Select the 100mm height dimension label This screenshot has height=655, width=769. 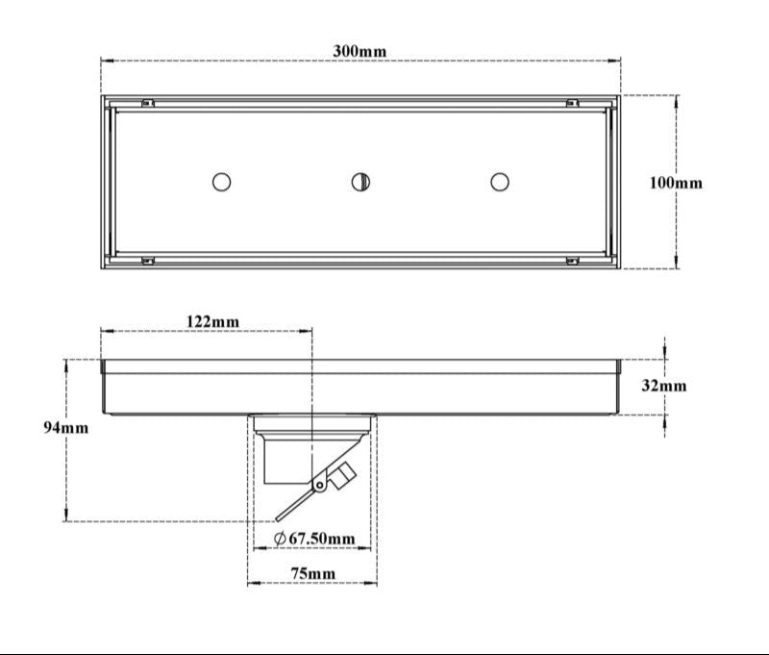(675, 182)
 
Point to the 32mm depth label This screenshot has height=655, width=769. (664, 386)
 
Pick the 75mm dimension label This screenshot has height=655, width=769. (313, 574)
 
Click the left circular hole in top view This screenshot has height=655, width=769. (221, 181)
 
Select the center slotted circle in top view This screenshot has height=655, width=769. (360, 181)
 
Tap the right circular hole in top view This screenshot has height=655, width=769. (499, 181)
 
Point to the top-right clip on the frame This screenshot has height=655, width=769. (572, 103)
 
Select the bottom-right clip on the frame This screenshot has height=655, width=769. (572, 260)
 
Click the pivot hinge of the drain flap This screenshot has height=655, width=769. (319, 486)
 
